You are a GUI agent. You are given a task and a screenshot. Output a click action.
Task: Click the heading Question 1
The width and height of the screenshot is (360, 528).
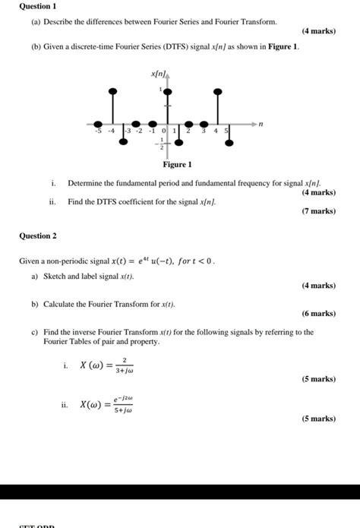click(x=36, y=5)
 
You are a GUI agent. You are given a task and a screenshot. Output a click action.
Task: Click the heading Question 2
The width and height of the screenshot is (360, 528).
click(x=38, y=236)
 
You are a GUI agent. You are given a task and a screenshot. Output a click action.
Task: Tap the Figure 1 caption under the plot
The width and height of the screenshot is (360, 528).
click(x=178, y=164)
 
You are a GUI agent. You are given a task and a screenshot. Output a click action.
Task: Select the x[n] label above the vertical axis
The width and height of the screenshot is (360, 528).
click(x=158, y=74)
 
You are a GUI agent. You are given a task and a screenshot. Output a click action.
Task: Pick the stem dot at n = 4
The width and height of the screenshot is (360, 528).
click(x=218, y=92)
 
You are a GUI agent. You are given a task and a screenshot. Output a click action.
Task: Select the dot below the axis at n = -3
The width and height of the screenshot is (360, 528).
click(x=126, y=141)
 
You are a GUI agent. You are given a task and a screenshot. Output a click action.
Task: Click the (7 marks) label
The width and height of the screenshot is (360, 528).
click(x=318, y=210)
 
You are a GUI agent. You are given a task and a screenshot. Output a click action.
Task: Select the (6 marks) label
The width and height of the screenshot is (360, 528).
click(x=318, y=313)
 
